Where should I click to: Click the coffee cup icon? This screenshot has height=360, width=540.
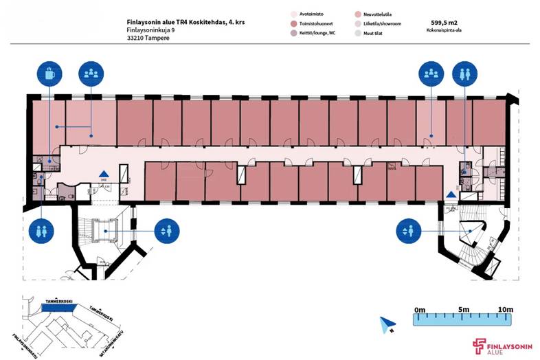tap(50, 73)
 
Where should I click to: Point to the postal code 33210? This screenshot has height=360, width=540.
tap(137, 38)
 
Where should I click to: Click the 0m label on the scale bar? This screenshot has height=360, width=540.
tap(420, 310)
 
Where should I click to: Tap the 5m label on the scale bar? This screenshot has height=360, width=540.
tap(463, 310)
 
